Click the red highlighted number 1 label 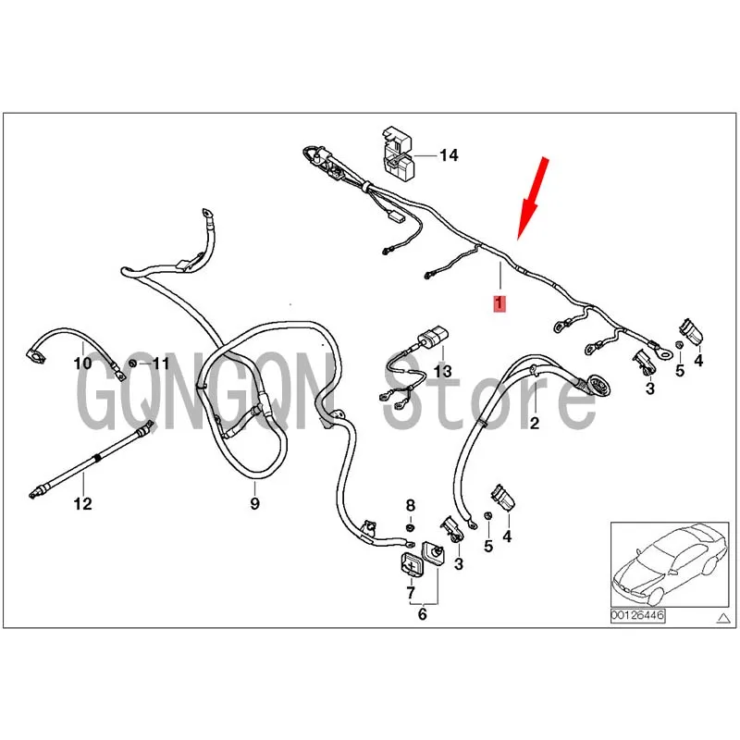(499, 303)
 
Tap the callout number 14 (449, 155)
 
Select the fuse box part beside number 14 (396, 153)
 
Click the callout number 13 (443, 371)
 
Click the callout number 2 (534, 424)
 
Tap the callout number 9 (254, 503)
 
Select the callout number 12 (83, 504)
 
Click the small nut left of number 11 (133, 362)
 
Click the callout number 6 (423, 613)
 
